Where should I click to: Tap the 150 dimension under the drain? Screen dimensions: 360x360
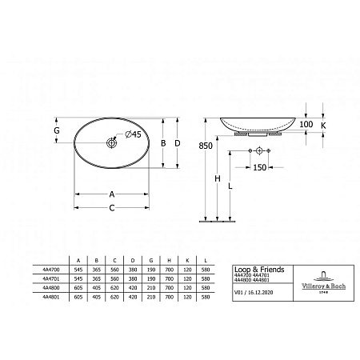[258, 168]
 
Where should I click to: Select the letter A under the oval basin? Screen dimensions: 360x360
[112, 194]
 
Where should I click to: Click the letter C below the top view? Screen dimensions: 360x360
[112, 208]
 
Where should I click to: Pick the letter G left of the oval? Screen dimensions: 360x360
[57, 130]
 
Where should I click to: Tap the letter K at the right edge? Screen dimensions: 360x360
[323, 125]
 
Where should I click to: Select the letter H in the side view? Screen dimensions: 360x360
[218, 180]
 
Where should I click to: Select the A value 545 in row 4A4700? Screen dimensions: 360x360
[77, 270]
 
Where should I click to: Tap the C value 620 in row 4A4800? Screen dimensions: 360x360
[115, 288]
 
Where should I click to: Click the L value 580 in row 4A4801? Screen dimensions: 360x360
[206, 297]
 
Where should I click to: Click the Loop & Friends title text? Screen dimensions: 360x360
[258, 270]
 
